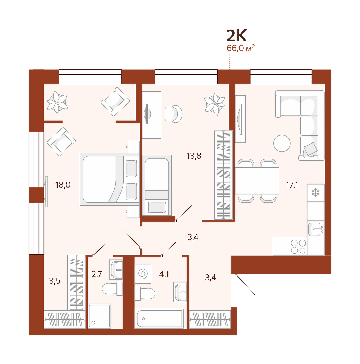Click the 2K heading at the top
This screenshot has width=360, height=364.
(x=236, y=36)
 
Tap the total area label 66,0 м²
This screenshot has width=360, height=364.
(x=241, y=48)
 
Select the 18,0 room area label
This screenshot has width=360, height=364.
(x=63, y=185)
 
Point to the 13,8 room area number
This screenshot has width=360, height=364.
(x=194, y=156)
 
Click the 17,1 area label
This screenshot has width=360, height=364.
(x=292, y=185)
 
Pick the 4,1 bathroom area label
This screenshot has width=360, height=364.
(x=164, y=274)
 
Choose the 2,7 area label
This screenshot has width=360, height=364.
(x=97, y=274)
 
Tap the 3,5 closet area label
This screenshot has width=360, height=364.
(x=55, y=281)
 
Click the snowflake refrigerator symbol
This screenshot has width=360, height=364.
(x=315, y=193)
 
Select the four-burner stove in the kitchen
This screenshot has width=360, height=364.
(x=298, y=247)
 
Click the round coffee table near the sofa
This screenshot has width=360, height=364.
(x=282, y=143)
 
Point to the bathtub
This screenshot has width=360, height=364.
(x=159, y=319)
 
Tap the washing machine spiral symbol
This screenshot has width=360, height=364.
(x=143, y=274)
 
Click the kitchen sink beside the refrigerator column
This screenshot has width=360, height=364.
(x=316, y=229)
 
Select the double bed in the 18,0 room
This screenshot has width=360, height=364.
(x=109, y=179)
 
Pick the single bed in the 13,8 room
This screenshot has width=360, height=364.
(x=157, y=185)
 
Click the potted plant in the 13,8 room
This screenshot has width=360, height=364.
(x=214, y=104)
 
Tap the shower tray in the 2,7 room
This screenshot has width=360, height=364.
(x=99, y=316)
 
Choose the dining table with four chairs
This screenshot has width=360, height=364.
(x=257, y=181)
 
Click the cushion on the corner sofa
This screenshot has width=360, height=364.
(x=310, y=149)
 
